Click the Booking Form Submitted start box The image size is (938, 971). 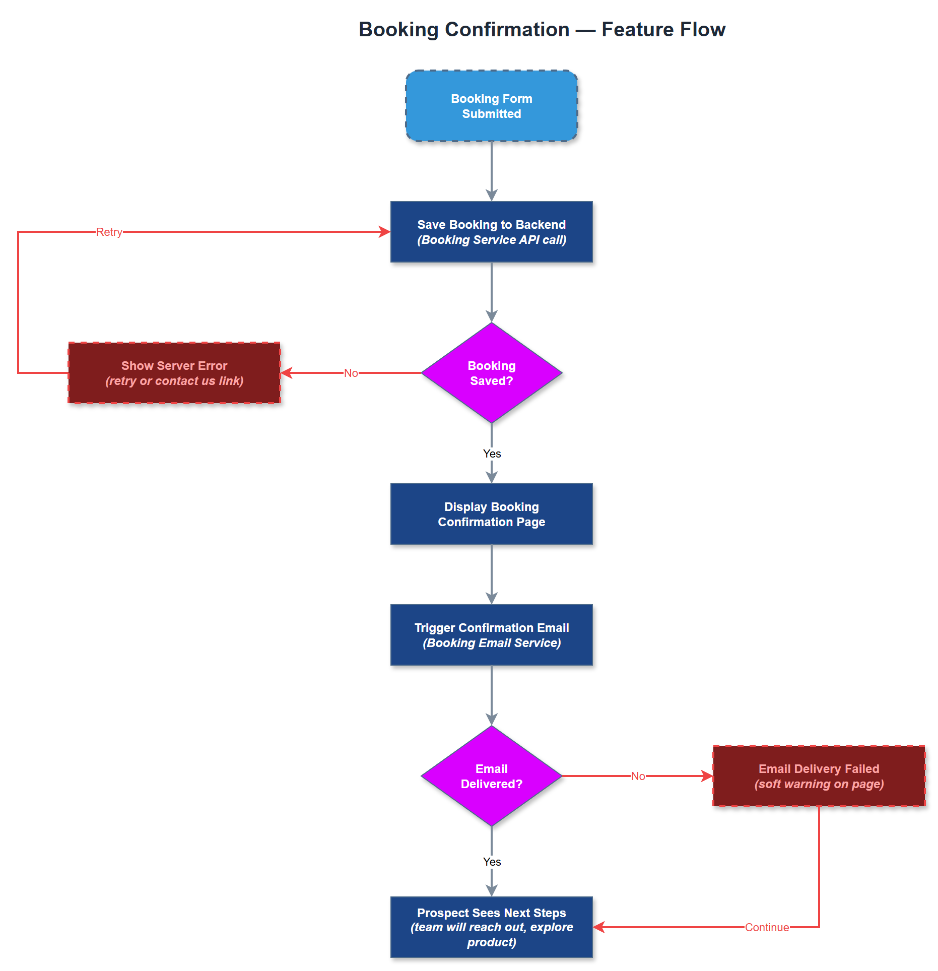[491, 106]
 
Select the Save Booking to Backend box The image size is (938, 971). [491, 232]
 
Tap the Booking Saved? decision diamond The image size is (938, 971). [491, 373]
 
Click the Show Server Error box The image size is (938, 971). [174, 373]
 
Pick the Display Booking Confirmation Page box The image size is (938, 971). [491, 514]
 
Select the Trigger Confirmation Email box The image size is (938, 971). [491, 635]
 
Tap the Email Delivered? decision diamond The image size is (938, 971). [491, 776]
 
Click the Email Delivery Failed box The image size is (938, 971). [819, 776]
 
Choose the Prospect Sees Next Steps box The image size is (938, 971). [491, 927]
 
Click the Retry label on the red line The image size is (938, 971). [109, 232]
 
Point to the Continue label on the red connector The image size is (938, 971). [767, 927]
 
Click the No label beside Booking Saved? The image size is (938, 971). [351, 373]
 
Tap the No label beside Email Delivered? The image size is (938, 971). [638, 776]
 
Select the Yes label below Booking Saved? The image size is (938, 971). [492, 454]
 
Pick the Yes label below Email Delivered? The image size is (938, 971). [492, 862]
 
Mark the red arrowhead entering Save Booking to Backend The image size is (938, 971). [385, 232]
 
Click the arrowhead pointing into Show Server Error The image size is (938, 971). [286, 373]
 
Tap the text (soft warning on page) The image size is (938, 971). [819, 784]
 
